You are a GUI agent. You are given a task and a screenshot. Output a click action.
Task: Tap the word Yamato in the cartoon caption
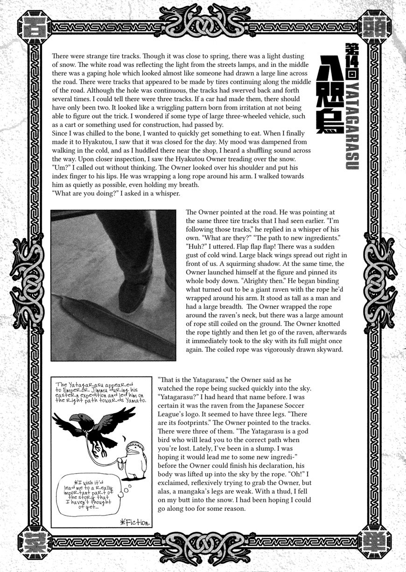coord(132,400)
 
